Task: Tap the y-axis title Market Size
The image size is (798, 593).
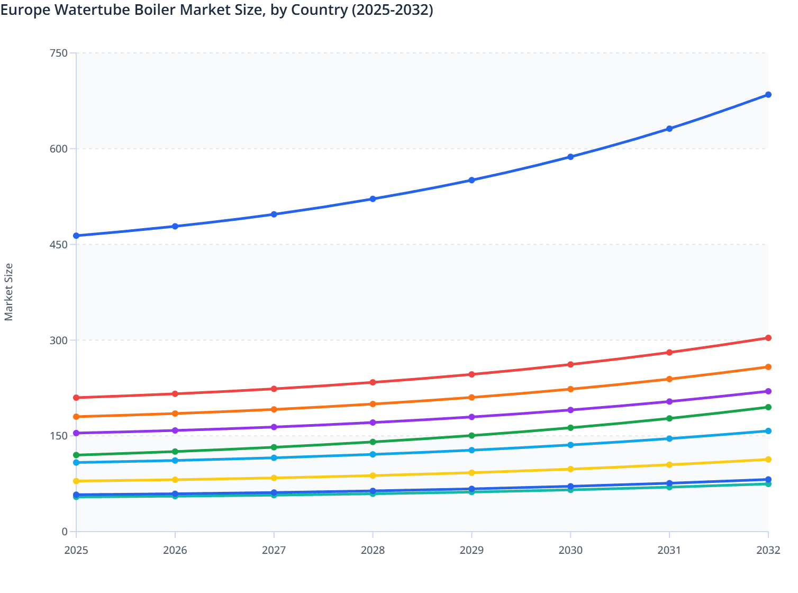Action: pos(8,292)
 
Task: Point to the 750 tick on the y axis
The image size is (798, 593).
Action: pos(59,53)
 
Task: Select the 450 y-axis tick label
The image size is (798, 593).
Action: pos(59,245)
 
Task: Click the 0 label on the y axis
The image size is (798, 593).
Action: pos(65,532)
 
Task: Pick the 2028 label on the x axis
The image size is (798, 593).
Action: pos(373,550)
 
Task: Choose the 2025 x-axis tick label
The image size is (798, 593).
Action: pos(76,550)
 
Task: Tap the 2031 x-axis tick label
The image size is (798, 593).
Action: pos(669,550)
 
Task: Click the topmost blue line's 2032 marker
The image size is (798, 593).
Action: pos(768,95)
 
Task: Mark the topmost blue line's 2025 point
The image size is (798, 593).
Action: pos(76,236)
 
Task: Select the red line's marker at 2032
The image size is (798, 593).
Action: pos(768,338)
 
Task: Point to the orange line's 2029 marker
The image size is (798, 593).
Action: pos(471,398)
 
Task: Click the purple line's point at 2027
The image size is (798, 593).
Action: pos(274,427)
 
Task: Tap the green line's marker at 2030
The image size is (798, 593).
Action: pos(570,428)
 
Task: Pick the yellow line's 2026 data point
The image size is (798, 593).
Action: pos(175,480)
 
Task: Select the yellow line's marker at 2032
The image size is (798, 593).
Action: pos(768,460)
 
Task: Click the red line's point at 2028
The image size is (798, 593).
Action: pos(373,382)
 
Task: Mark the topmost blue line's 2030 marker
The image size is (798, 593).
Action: pos(570,157)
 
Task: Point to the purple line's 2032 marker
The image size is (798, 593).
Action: pos(768,391)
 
